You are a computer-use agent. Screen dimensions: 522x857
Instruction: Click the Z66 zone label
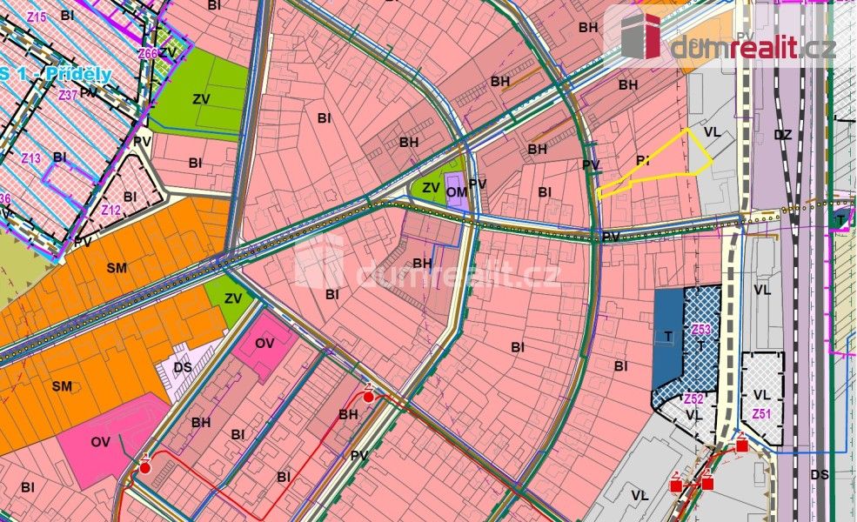click(147, 53)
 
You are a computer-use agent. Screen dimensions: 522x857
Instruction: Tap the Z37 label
click(68, 96)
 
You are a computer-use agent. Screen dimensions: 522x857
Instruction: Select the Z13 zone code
click(31, 158)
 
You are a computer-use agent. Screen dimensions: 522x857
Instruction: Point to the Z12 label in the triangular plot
click(110, 210)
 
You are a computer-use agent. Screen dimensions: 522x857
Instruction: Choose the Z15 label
click(37, 16)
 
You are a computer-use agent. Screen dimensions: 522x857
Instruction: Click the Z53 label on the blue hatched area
click(701, 329)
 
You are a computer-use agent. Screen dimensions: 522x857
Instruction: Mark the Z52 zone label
click(693, 398)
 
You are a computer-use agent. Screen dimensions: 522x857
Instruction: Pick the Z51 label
click(762, 413)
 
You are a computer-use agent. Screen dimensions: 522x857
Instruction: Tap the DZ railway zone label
click(782, 135)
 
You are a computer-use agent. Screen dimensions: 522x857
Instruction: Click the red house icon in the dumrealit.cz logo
click(641, 36)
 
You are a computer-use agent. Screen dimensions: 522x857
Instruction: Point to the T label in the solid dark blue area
click(667, 336)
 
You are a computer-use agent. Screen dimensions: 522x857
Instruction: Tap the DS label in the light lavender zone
click(183, 367)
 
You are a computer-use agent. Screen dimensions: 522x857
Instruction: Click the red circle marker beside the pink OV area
click(145, 467)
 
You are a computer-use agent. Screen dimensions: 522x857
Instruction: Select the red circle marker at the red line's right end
click(369, 397)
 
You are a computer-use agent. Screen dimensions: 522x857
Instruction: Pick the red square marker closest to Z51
click(741, 445)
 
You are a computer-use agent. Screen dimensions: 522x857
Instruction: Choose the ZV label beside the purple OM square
click(430, 187)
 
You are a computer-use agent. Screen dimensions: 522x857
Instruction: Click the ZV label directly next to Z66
click(169, 52)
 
